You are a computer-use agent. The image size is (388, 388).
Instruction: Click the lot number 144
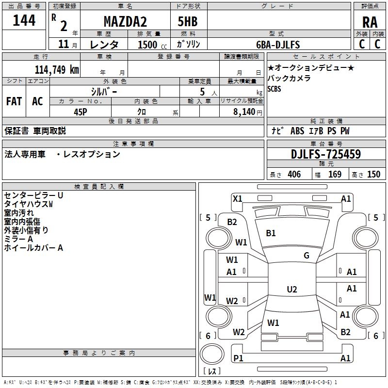coord(24,21)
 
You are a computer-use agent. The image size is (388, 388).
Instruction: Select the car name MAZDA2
coord(125,22)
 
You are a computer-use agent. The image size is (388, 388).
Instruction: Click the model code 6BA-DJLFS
coord(278,45)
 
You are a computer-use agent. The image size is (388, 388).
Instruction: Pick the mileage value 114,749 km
coord(57,69)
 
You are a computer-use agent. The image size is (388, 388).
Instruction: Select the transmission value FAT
coord(14,101)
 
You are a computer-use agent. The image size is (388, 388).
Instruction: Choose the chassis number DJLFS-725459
coord(326,154)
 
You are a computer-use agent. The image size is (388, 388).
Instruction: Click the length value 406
coord(294,175)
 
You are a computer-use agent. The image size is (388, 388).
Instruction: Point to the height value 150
coord(373,175)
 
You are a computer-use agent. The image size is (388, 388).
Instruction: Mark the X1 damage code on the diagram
coord(237,198)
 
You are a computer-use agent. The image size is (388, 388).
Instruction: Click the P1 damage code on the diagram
coord(238,358)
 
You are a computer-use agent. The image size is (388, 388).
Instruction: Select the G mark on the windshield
coord(307,256)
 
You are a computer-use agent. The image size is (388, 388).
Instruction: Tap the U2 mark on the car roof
coord(291,290)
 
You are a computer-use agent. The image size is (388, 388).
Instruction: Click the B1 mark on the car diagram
coord(271,233)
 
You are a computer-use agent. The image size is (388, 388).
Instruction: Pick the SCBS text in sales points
coord(274,89)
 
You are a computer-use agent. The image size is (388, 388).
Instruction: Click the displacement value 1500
coord(147,45)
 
